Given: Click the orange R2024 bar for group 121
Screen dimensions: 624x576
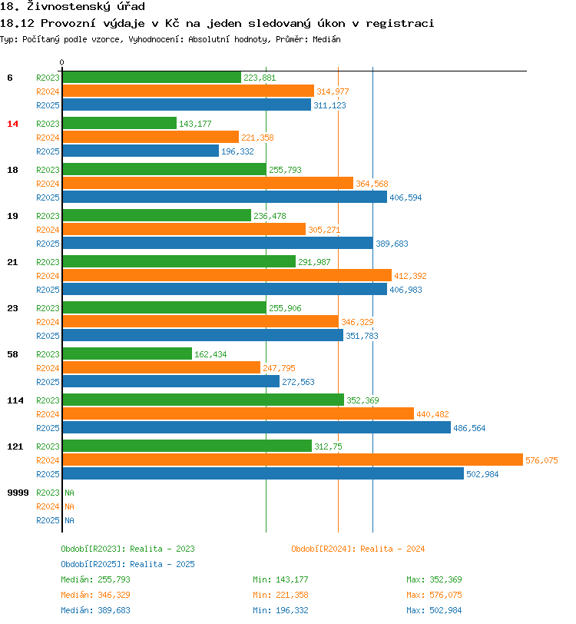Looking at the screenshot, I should tap(292, 460).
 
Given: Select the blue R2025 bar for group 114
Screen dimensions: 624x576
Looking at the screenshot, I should tap(256, 428).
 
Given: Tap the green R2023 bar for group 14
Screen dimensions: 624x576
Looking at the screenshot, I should tap(119, 124).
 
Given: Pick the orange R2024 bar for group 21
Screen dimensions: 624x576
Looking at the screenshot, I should tap(227, 276).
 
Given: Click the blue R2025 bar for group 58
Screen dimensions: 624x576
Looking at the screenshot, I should tap(170, 382).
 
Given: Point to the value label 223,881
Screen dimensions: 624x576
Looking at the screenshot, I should tap(260, 78).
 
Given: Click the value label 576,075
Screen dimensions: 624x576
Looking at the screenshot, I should tap(541, 460).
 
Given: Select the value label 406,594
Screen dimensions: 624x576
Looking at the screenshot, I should tap(406, 197).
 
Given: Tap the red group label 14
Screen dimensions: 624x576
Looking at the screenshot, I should tap(12, 124).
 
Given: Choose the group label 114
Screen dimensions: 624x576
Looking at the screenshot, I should tap(15, 400).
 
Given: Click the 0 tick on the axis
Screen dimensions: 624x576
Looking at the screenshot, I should tap(62, 62).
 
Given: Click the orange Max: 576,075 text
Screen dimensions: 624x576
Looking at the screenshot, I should tap(434, 595).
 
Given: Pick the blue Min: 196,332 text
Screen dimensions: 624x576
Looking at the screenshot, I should tap(280, 610).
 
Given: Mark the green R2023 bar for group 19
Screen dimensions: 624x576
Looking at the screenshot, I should tap(157, 216).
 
